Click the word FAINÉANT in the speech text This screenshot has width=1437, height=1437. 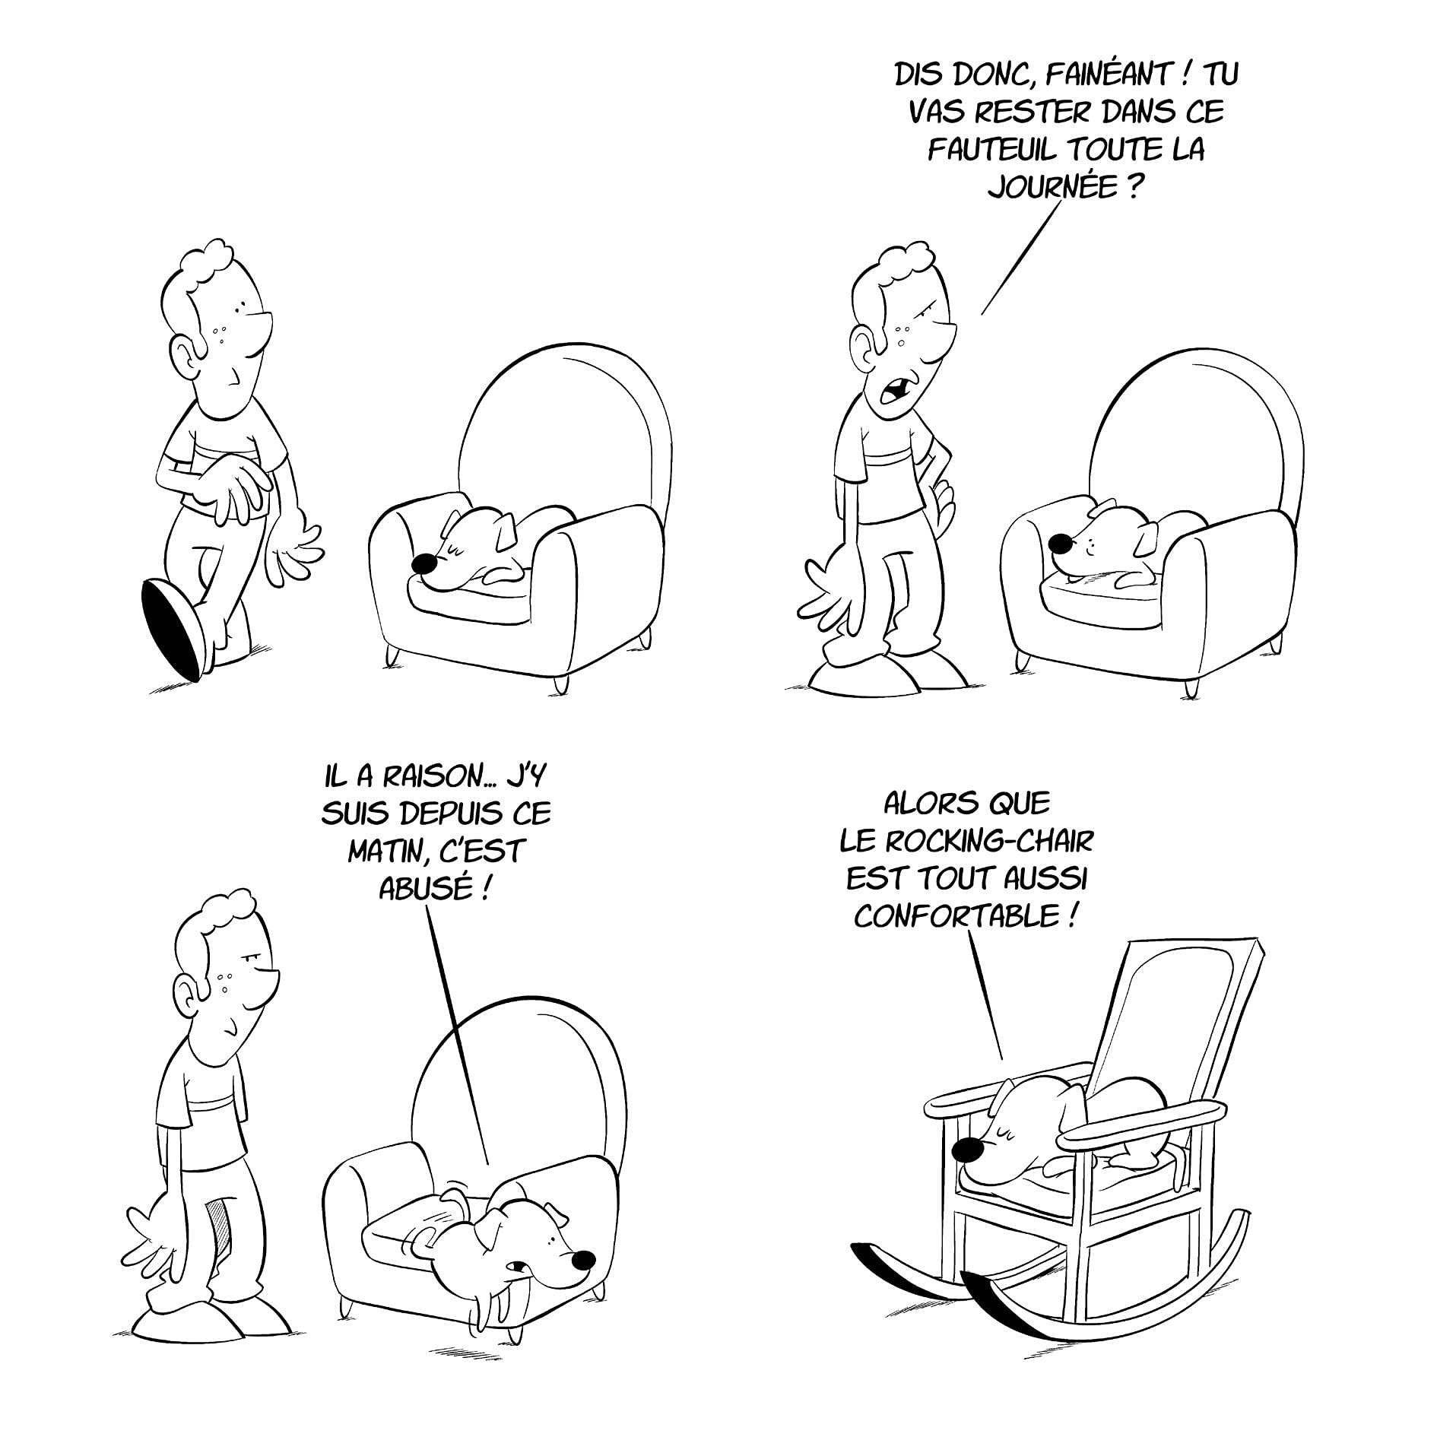[1091, 75]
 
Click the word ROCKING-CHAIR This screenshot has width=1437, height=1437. [989, 842]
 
